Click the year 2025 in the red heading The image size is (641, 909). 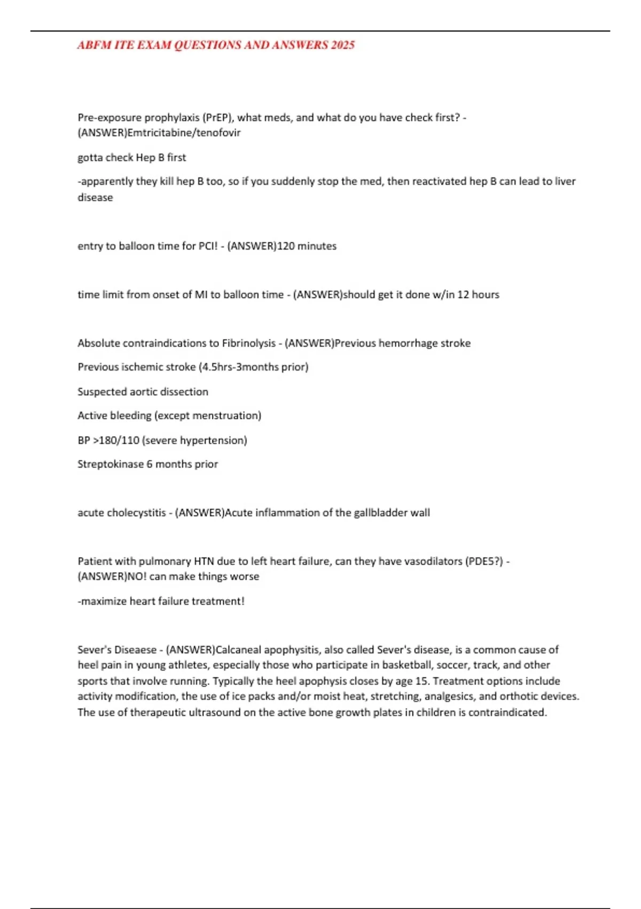342,45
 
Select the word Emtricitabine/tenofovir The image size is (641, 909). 184,133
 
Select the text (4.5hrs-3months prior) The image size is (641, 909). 253,367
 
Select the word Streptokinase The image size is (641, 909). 111,464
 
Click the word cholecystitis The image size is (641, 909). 136,513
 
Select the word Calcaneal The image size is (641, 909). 238,650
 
